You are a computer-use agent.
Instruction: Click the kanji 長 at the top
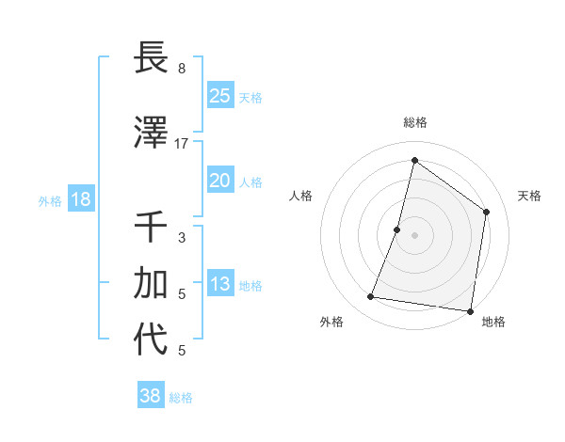[x=152, y=59]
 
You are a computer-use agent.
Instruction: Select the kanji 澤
[x=152, y=134]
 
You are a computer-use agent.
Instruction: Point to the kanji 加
[x=152, y=283]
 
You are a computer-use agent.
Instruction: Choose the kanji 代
[x=152, y=339]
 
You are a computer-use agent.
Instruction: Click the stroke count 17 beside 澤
[x=182, y=144]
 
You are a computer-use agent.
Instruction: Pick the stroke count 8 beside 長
[x=182, y=69]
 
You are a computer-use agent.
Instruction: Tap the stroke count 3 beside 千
[x=182, y=238]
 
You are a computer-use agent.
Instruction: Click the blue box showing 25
[x=219, y=95]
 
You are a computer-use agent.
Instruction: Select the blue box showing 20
[x=219, y=181]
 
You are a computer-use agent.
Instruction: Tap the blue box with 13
[x=219, y=284]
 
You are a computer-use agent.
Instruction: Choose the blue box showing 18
[x=80, y=199]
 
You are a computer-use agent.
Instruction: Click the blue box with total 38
[x=150, y=396]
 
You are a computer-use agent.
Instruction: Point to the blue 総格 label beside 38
[x=181, y=398]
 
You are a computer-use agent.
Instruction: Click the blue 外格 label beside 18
[x=50, y=200]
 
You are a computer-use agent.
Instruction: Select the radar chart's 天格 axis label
[x=530, y=196]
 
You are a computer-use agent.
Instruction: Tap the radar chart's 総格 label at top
[x=415, y=122]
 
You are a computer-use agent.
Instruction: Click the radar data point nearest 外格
[x=371, y=297]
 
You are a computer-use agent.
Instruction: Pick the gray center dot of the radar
[x=415, y=235]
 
